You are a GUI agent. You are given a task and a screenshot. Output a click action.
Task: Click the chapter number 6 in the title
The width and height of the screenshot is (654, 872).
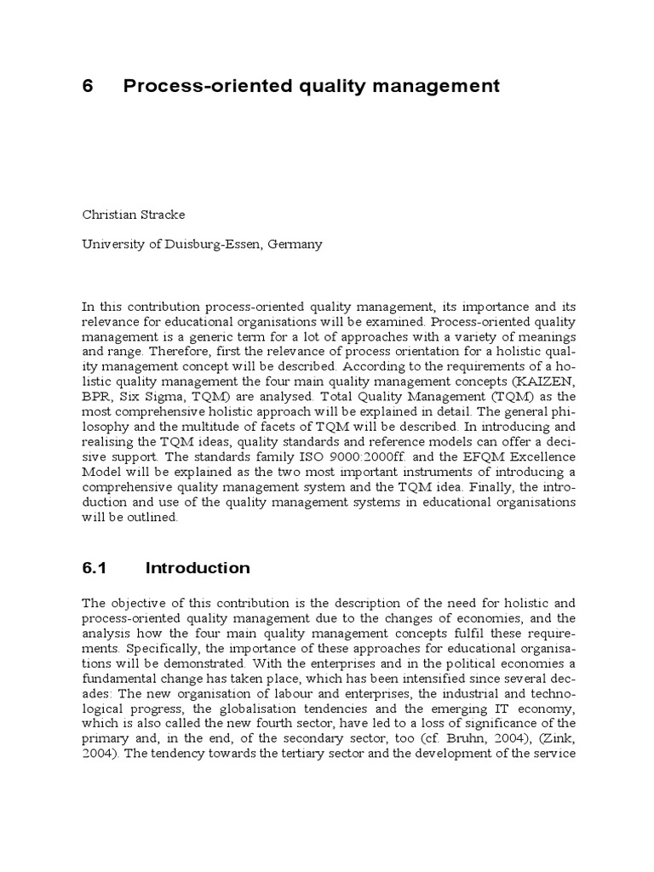pyautogui.click(x=87, y=86)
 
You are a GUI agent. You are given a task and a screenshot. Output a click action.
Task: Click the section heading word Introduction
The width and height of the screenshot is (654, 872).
pyautogui.click(x=198, y=568)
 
